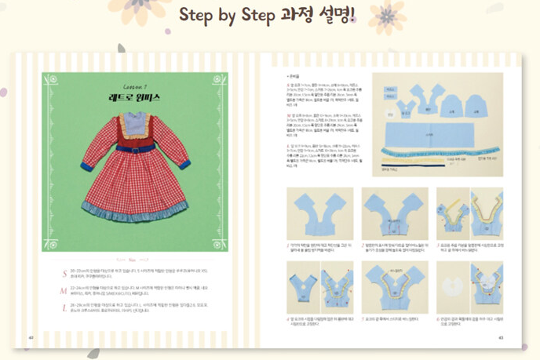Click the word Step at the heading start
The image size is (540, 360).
point(199,15)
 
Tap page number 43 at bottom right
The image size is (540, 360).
point(500,338)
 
